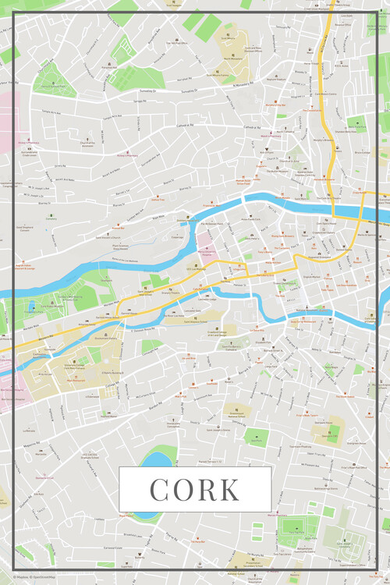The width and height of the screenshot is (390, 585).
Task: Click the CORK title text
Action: pyautogui.click(x=195, y=489)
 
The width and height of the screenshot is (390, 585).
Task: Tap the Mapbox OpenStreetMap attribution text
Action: pyautogui.click(x=23, y=579)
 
